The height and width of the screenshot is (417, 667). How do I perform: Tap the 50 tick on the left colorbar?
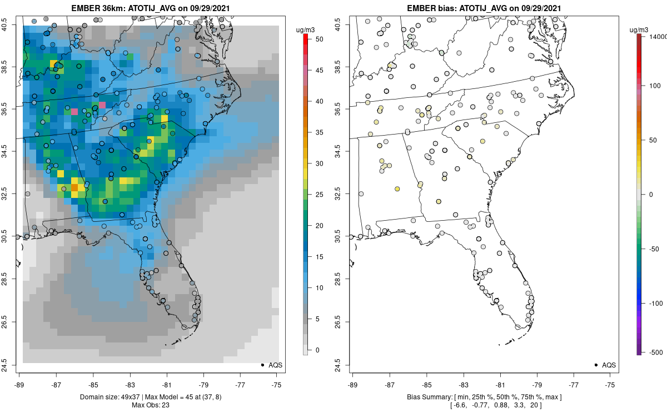[x=315, y=39]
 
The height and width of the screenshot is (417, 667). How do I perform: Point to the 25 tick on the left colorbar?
[x=315, y=195]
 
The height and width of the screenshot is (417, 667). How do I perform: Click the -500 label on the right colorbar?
[x=656, y=352]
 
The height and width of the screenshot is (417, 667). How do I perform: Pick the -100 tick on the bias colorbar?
[x=656, y=303]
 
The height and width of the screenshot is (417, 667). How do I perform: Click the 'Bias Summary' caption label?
[x=436, y=397]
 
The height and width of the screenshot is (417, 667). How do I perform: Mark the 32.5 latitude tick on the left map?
[x=12, y=193]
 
